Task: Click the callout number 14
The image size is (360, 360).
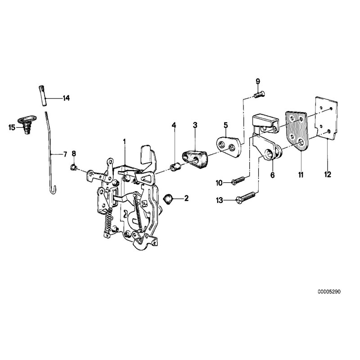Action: point(66,98)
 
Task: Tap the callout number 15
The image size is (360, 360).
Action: point(12,127)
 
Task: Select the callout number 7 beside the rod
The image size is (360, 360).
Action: point(65,154)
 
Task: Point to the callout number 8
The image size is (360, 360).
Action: point(74,154)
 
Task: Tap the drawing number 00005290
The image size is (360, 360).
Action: point(329,292)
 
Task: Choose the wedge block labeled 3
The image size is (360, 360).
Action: point(194,159)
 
